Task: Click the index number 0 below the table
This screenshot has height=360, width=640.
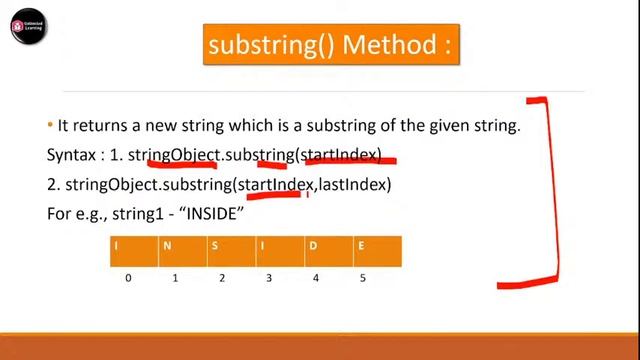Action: click(128, 278)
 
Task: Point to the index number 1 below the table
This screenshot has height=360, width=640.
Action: click(175, 278)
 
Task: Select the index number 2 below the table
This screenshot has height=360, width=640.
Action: click(221, 278)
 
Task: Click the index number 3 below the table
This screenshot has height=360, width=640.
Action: click(268, 278)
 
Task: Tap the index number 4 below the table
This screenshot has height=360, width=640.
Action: click(315, 278)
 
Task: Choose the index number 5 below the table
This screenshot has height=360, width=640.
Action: click(362, 278)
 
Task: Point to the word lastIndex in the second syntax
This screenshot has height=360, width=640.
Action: click(354, 185)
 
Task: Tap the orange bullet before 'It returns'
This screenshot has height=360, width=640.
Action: click(50, 125)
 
